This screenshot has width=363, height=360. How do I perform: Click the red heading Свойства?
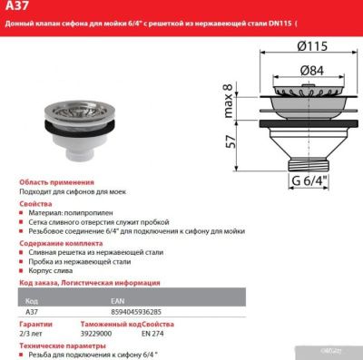click(34, 204)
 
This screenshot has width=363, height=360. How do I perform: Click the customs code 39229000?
click(96, 331)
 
